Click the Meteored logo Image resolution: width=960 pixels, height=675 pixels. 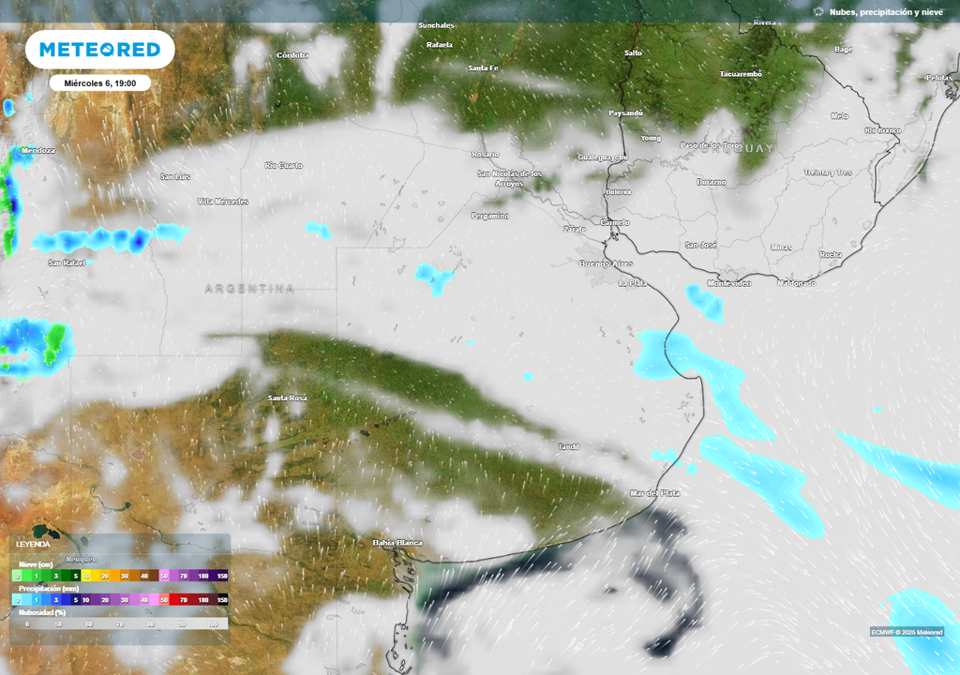pos(99,50)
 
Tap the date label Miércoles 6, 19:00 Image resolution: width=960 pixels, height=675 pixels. pos(100,83)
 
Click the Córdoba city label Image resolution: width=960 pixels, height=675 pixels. pos(292,55)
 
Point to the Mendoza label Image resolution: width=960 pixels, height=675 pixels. pos(37,150)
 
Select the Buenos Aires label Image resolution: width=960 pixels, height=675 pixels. pos(607,264)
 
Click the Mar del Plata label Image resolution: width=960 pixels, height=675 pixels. pos(655,493)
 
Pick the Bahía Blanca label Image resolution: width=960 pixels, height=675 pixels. pos(397,543)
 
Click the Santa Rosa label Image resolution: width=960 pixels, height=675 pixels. pos(288,398)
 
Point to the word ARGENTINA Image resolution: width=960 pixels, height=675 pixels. pos(249,289)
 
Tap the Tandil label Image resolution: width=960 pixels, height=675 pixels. pos(569,446)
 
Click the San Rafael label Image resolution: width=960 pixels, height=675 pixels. pos(67,263)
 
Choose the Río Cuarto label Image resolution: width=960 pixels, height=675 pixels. pos(284,166)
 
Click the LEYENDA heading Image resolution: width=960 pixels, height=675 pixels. pos(34,544)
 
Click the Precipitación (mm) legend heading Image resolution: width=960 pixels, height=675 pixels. pos(50,588)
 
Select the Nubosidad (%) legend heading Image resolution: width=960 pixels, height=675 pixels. pos(43,611)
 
